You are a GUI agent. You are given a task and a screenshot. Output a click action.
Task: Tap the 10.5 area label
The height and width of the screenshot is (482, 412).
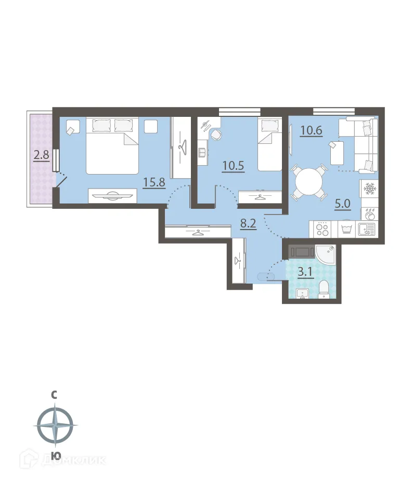click(233, 166)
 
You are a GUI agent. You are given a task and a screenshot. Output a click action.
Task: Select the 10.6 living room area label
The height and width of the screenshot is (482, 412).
click(310, 129)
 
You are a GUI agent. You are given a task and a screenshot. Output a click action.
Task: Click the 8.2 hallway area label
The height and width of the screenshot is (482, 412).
click(248, 224)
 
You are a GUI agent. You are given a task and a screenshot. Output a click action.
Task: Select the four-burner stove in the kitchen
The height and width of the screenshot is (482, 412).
click(323, 229)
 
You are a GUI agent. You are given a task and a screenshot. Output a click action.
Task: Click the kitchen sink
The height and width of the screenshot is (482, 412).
click(367, 229)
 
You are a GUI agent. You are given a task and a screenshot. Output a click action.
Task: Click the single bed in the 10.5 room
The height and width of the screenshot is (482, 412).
click(270, 144)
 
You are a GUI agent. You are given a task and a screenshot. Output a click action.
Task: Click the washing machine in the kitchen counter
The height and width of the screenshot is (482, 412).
click(346, 229)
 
